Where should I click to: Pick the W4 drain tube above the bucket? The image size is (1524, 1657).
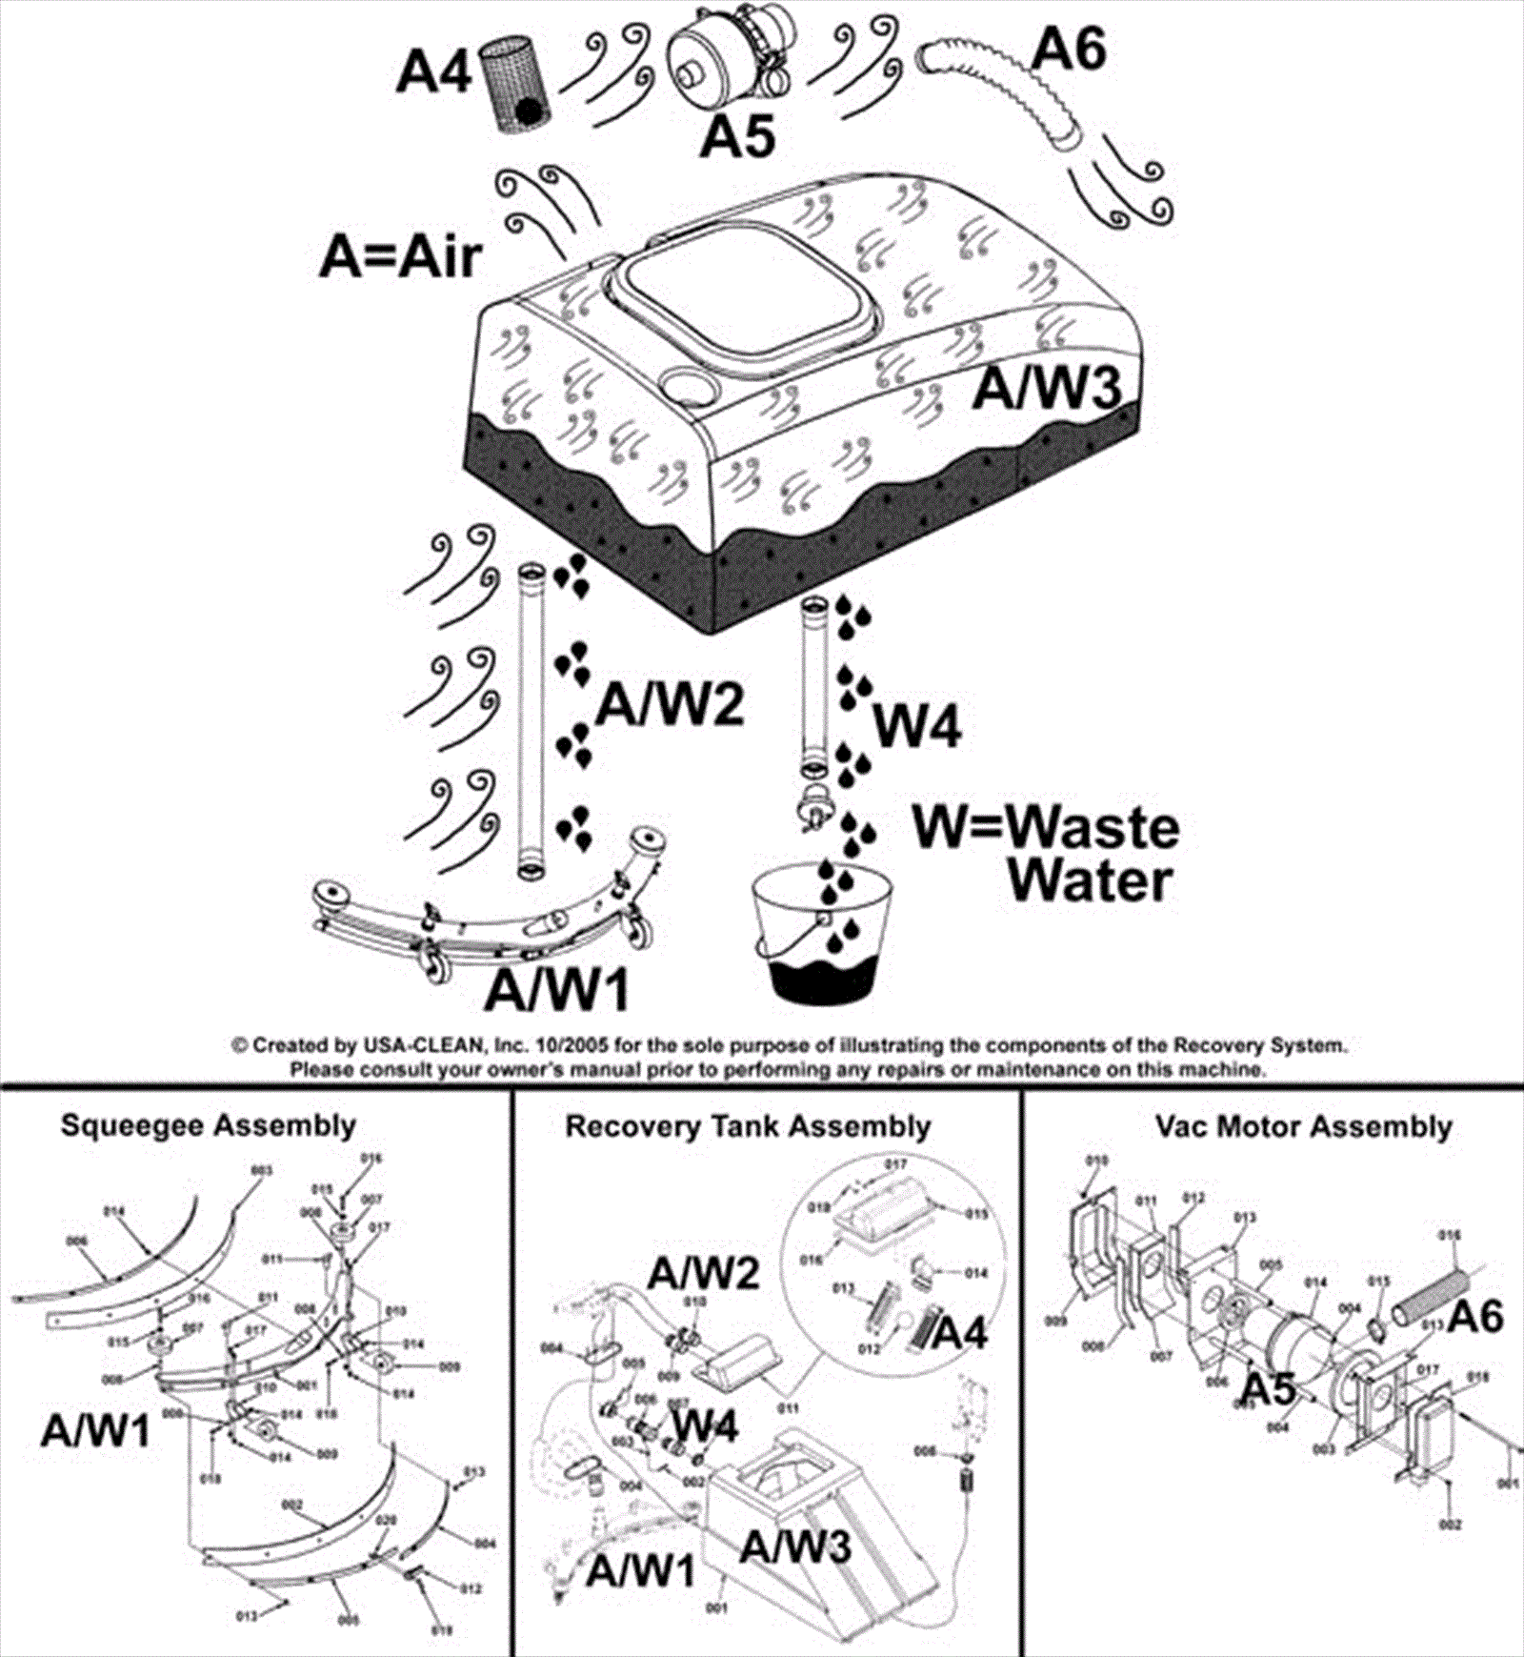pyautogui.click(x=815, y=686)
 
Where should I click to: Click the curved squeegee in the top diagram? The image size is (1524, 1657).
pyautogui.click(x=486, y=915)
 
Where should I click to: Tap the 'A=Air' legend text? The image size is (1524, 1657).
pyautogui.click(x=400, y=256)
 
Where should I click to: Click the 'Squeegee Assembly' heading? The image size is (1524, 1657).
pyautogui.click(x=209, y=1124)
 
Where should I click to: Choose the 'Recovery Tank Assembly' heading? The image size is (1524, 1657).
pyautogui.click(x=748, y=1125)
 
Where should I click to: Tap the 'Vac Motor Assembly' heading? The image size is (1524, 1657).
pyautogui.click(x=1303, y=1126)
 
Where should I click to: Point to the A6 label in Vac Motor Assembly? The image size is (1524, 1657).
pyautogui.click(x=1475, y=1317)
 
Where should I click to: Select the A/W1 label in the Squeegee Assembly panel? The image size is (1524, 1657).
pyautogui.click(x=95, y=1430)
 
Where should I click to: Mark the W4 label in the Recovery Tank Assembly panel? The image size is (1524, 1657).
pyautogui.click(x=706, y=1425)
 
